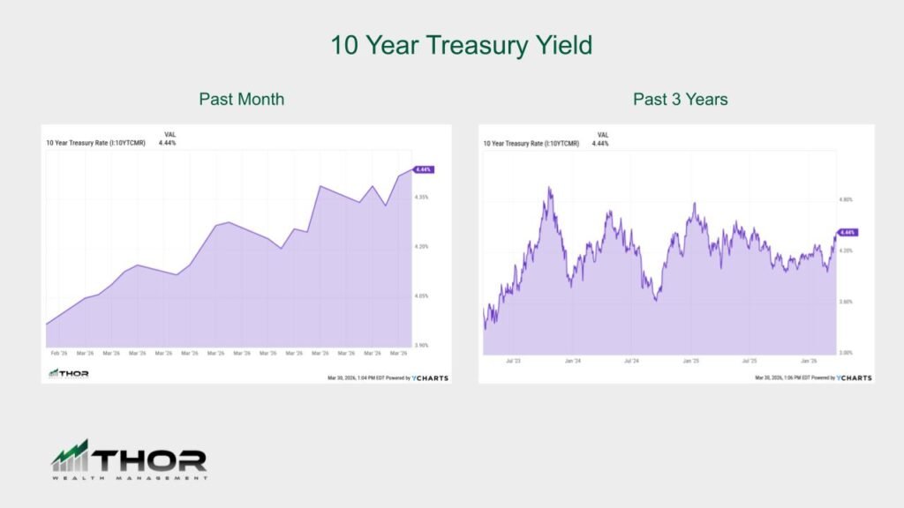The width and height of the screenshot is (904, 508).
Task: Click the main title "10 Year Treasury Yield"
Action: pyautogui.click(x=461, y=45)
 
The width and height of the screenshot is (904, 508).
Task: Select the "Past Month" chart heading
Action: pyautogui.click(x=241, y=99)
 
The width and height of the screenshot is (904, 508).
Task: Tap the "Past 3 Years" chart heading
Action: pyautogui.click(x=680, y=99)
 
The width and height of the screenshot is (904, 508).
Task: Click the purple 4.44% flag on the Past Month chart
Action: pyautogui.click(x=423, y=169)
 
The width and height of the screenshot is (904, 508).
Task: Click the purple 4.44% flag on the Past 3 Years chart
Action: pyautogui.click(x=847, y=232)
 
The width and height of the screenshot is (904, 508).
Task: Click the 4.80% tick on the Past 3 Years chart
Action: pyautogui.click(x=846, y=200)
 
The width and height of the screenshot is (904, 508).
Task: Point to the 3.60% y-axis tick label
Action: pyautogui.click(x=846, y=302)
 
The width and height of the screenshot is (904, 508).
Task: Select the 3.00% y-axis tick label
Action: pyautogui.click(x=846, y=352)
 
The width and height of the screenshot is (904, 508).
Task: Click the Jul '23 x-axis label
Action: pyautogui.click(x=513, y=361)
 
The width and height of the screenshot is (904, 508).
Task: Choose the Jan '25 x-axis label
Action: pyautogui.click(x=690, y=361)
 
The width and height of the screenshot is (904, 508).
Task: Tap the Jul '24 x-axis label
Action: pyautogui.click(x=631, y=361)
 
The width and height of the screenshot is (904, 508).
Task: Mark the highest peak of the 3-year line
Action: pyautogui.click(x=549, y=187)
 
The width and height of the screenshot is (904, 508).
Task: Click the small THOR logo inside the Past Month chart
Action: pyautogui.click(x=68, y=374)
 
